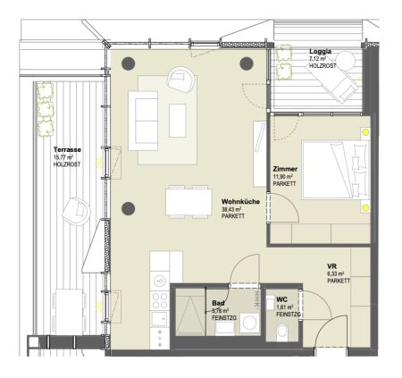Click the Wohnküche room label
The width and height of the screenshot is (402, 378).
pyautogui.click(x=239, y=204)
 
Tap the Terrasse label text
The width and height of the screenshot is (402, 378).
pyautogui.click(x=67, y=149)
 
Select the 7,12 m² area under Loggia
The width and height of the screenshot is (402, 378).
pyautogui.click(x=319, y=60)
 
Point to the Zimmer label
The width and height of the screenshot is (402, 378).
pyautogui.click(x=285, y=168)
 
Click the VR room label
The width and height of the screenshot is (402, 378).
pyautogui.click(x=331, y=265)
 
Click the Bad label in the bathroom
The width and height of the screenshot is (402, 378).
pyautogui.click(x=219, y=290)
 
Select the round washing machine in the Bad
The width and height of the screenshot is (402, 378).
pyautogui.click(x=249, y=324)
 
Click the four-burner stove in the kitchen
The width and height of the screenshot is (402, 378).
pyautogui.click(x=161, y=298)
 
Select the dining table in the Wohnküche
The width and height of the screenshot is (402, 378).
pyautogui.click(x=184, y=202)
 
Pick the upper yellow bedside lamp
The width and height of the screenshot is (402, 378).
pyautogui.click(x=365, y=133)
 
